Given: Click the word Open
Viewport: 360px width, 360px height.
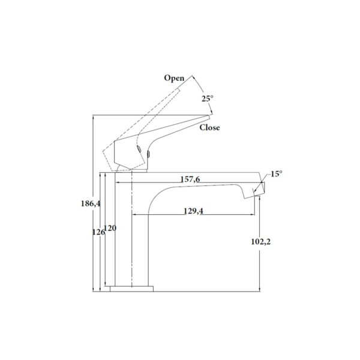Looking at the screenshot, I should click(174, 79).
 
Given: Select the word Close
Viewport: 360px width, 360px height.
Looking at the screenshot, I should click(209, 127).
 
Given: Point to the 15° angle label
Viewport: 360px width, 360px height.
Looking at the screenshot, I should click(276, 174).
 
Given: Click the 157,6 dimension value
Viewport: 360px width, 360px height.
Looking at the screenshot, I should click(191, 179).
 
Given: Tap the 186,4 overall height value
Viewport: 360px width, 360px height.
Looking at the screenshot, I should click(90, 204).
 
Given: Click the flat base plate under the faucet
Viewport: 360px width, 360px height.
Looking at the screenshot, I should click(131, 289).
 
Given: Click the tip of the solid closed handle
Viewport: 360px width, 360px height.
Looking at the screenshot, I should click(211, 116).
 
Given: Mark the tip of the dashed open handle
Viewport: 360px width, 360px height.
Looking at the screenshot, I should click(192, 76).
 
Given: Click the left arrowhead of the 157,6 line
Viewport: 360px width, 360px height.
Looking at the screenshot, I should click(117, 183).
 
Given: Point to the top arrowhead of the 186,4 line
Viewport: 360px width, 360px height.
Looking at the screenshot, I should click(94, 116).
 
